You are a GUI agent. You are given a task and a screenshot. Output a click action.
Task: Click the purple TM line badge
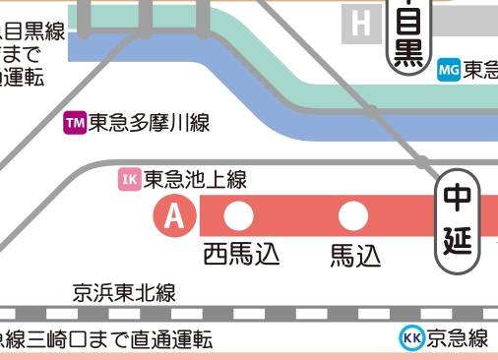pyautogui.click(x=75, y=123)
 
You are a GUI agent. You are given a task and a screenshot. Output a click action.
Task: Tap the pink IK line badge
pyautogui.click(x=130, y=179)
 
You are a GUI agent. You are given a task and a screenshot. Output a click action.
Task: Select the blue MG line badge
pyautogui.click(x=448, y=70)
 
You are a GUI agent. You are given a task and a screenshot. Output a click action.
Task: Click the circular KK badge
pyautogui.click(x=412, y=338)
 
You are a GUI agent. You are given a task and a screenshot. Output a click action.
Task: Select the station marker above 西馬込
pyautogui.click(x=239, y=215)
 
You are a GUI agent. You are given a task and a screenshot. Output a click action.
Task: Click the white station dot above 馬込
pyautogui.click(x=351, y=215)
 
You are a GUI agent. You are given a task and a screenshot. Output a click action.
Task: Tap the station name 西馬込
pyautogui.click(x=241, y=254)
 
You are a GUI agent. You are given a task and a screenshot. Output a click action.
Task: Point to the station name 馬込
pyautogui.click(x=354, y=255)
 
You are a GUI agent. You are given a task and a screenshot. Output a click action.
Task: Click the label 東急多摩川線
pyautogui.click(x=149, y=123)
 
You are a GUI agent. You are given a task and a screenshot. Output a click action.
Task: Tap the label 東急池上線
pyautogui.click(x=195, y=179)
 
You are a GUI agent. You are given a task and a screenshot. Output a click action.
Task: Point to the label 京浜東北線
pyautogui.click(x=124, y=292)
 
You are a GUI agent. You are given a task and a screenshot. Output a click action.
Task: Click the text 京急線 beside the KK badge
pyautogui.click(x=459, y=339)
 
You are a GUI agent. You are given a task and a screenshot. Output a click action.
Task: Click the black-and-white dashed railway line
pyautogui.click(x=246, y=314)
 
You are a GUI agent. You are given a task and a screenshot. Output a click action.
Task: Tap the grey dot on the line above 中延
pyautogui.click(x=422, y=161)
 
